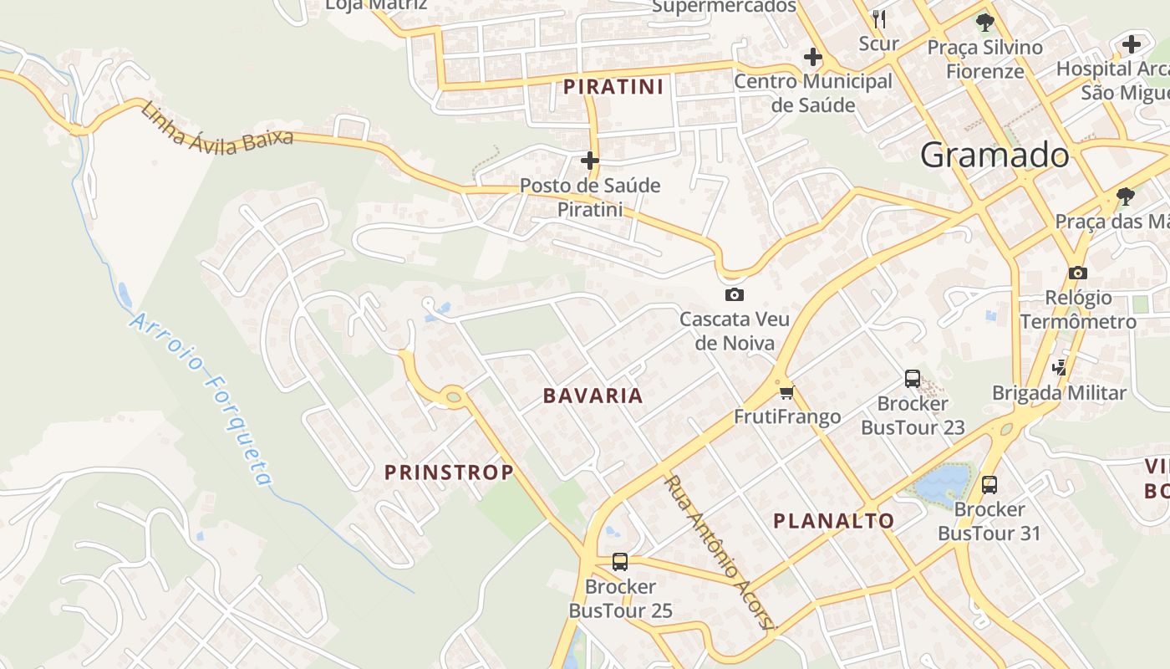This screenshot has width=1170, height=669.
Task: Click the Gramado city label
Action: pos(994,156)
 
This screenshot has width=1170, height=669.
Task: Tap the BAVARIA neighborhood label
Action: pos(593,396)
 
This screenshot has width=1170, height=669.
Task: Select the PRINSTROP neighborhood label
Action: pos(449,472)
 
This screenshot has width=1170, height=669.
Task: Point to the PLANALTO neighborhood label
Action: pos(833,521)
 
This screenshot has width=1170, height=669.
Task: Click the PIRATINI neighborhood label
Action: pos(613,86)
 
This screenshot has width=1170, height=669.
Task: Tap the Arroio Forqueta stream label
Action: pos(202,399)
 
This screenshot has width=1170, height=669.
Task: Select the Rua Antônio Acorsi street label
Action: pos(720,553)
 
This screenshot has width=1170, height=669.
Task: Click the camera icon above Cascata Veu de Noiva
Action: pos(735,294)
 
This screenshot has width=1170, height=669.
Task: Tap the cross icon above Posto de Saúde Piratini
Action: pos(590,160)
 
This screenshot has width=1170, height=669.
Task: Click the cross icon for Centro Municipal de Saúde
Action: pos(812,58)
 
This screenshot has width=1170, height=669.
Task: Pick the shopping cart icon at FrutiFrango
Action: pos(786,392)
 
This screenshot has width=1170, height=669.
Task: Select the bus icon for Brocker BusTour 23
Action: pos(912,379)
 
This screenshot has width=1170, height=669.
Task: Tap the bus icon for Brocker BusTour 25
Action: pos(619,562)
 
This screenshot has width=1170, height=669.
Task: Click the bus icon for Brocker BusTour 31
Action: pos(989,484)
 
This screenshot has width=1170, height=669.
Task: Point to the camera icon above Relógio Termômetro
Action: pos(1078,273)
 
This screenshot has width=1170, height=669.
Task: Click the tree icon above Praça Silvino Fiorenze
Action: pos(984,23)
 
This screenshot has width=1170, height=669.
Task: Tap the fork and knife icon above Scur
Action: pos(878,18)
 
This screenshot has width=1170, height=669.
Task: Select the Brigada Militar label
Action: pos(1059,392)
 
